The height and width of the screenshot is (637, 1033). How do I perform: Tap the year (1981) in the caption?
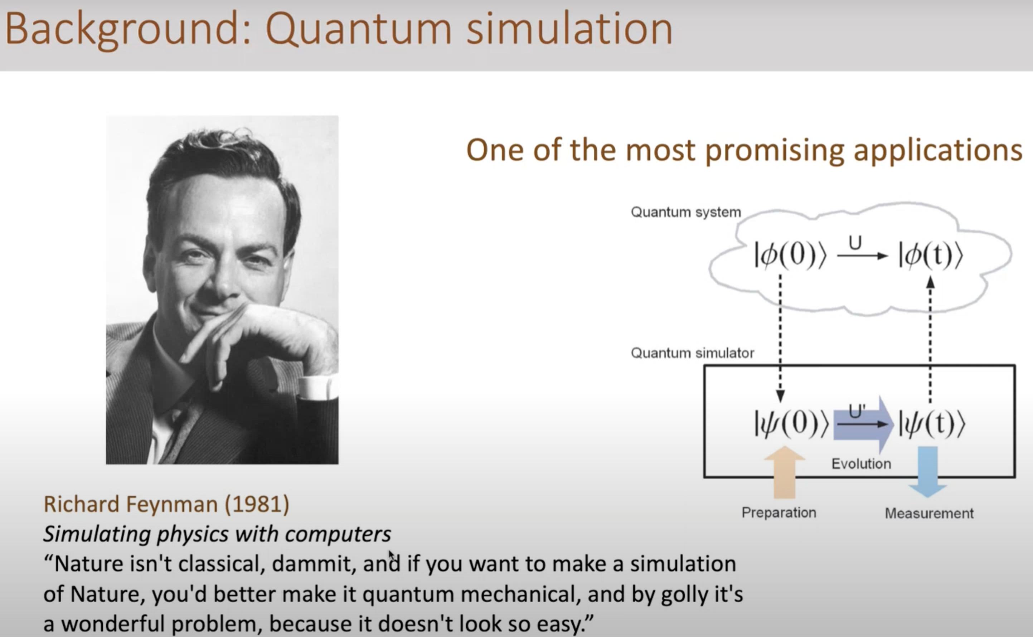coord(257,505)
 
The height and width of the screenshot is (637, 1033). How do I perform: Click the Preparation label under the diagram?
coord(779,513)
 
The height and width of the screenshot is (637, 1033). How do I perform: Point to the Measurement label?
coord(929,514)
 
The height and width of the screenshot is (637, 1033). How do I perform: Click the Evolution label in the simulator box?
coord(861,464)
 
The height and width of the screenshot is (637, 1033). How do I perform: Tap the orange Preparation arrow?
coord(785,472)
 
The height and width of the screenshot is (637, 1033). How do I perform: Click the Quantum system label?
coord(686,212)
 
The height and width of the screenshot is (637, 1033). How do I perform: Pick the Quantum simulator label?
coord(692,353)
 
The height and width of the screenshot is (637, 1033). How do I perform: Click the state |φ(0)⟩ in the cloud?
coord(790,254)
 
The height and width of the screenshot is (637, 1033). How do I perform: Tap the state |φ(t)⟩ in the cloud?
coord(931,254)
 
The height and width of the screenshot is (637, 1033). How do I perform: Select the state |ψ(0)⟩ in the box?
coord(791,423)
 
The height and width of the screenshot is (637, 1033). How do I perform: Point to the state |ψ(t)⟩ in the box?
coord(932,423)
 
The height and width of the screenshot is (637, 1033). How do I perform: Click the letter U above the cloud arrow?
coord(855,243)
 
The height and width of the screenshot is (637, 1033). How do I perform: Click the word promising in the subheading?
coord(775,150)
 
